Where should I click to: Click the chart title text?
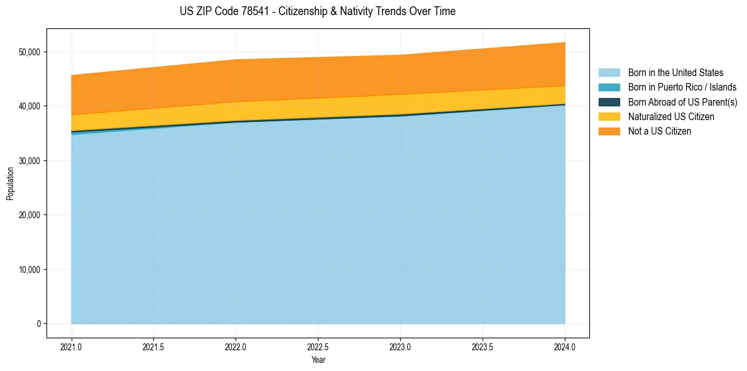pyautogui.click(x=317, y=11)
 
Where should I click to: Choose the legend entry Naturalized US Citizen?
pyautogui.click(x=671, y=117)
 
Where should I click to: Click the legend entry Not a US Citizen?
pyautogui.click(x=660, y=131)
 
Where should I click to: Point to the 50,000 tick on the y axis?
pyautogui.click(x=29, y=52)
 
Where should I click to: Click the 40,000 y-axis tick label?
pyautogui.click(x=29, y=106)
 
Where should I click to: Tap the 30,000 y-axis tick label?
pyautogui.click(x=29, y=160)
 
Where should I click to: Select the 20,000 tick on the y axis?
pyautogui.click(x=29, y=215)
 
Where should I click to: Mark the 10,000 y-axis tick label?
pyautogui.click(x=29, y=270)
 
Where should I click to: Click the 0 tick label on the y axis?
pyautogui.click(x=38, y=324)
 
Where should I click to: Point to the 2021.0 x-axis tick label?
pyautogui.click(x=72, y=346)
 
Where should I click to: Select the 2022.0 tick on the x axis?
pyautogui.click(x=236, y=346)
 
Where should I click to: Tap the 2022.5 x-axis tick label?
pyautogui.click(x=318, y=346)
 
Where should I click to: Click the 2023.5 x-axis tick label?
pyautogui.click(x=483, y=346)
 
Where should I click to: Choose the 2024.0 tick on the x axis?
pyautogui.click(x=565, y=346)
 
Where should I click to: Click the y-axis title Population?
pyautogui.click(x=9, y=184)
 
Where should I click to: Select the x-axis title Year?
pyautogui.click(x=318, y=360)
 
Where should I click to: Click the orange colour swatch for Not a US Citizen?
pyautogui.click(x=609, y=131)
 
